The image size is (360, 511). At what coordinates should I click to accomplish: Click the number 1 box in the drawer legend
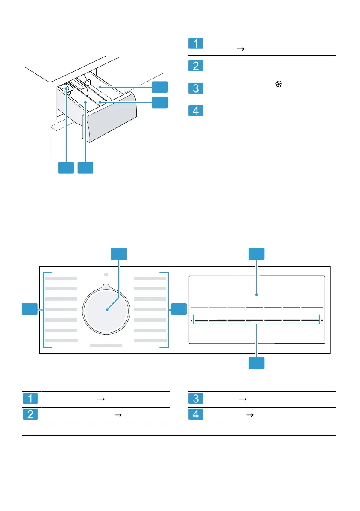tap(196, 43)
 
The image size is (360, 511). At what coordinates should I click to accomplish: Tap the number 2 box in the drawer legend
tap(196, 66)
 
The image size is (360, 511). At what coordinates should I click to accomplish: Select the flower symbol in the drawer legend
tap(279, 84)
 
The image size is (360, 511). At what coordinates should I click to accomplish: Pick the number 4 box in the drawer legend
tap(196, 110)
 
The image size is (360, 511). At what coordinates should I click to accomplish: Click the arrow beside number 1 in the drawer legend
tap(241, 49)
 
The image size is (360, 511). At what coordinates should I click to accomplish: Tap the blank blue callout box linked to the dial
tap(119, 254)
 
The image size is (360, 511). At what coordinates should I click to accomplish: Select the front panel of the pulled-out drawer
tap(111, 117)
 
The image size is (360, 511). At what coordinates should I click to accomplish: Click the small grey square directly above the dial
tap(106, 275)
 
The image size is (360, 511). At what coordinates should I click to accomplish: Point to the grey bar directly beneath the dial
tap(106, 345)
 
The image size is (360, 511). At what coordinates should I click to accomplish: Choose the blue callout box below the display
tap(257, 363)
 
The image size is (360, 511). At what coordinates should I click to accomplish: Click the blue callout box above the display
tap(257, 254)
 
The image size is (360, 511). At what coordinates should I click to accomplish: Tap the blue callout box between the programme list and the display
tap(179, 309)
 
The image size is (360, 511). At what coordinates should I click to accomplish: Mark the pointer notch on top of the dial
tap(106, 286)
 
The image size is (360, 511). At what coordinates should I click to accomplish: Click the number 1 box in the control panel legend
tap(30, 399)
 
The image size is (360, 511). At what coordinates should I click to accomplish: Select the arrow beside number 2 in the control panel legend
tap(118, 415)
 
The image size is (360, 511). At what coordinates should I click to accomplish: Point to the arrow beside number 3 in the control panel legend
tap(243, 399)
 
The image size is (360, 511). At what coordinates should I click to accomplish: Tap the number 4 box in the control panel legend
tap(196, 414)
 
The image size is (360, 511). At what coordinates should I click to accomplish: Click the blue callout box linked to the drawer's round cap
tap(66, 168)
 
